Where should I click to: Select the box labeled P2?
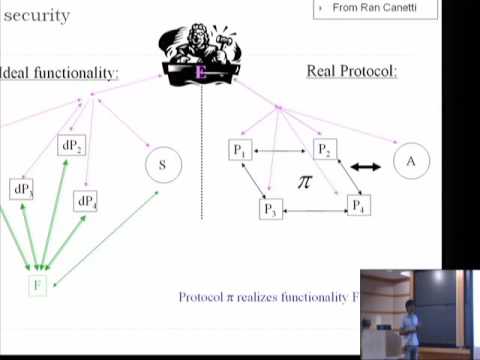pos(323,150)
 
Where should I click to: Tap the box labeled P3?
pos(269,209)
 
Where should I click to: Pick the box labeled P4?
pos(358,205)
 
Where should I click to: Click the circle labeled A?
pos(410,162)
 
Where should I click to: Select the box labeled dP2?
pos(72,146)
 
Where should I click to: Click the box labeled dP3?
pos(23,189)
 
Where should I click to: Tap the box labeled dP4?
pos(86,201)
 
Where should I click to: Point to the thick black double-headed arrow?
pos(365,167)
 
